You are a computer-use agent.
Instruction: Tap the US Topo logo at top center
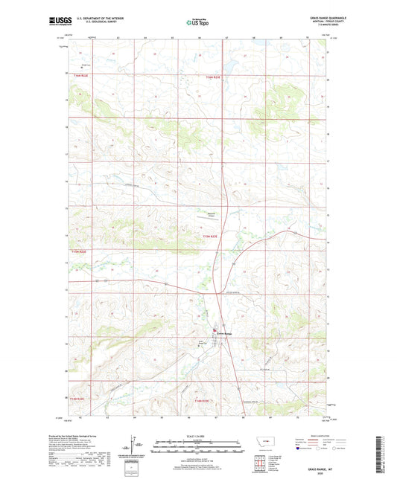(197, 22)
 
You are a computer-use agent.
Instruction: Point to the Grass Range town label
(224, 333)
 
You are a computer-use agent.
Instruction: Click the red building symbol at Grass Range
(215, 330)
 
